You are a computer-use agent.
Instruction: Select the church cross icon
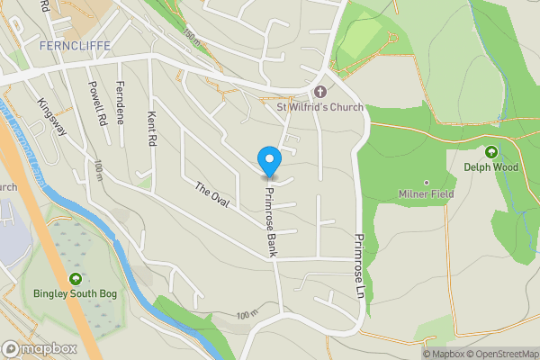click(x=320, y=92)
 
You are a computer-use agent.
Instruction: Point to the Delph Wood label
click(x=491, y=166)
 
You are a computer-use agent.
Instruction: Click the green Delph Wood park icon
click(x=491, y=151)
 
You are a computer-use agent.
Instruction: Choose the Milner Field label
click(x=427, y=193)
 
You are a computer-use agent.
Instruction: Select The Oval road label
click(x=212, y=195)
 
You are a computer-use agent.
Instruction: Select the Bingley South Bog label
click(x=76, y=293)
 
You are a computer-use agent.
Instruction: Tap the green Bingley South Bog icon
click(x=76, y=278)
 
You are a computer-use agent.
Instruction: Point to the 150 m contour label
click(x=191, y=37)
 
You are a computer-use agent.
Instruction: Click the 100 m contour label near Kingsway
click(x=97, y=168)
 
